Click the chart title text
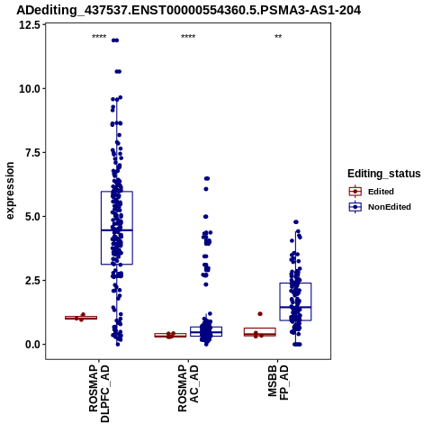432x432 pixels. [188, 11]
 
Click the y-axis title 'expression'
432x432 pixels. [10, 191]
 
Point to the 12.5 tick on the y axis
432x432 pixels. [30, 25]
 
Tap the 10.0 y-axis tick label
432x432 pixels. [30, 89]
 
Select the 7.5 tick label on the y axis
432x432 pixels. [33, 153]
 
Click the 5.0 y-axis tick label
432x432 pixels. [33, 217]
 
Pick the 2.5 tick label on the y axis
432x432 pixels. [33, 281]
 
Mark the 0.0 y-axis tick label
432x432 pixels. [33, 345]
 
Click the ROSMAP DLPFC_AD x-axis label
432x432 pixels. [99, 393]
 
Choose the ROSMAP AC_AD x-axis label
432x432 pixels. [188, 388]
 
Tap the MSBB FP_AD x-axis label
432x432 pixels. [278, 382]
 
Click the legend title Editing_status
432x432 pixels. [383, 174]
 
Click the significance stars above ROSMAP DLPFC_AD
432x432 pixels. [99, 36]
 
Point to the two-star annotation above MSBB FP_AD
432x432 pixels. [278, 36]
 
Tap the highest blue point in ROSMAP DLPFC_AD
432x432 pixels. [115, 40]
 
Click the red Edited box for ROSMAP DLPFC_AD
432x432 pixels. [81, 318]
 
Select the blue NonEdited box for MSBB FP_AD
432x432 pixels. [295, 301]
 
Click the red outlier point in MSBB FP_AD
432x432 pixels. [260, 314]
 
